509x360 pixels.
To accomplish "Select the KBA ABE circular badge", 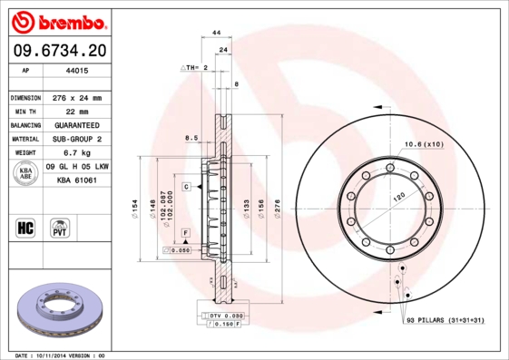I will coord(26,175).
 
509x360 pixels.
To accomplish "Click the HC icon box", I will coord(26,227).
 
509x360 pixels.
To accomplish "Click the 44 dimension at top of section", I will coord(216,33).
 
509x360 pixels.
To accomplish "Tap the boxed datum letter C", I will coord(185,187).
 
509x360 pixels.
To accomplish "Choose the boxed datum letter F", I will coord(185,234).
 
